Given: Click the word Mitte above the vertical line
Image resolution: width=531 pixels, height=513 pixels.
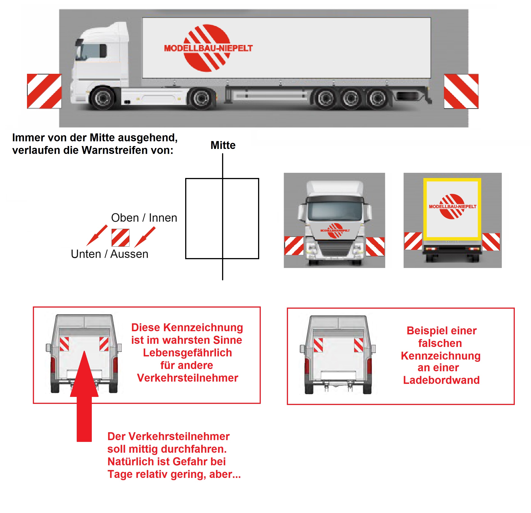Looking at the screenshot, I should tap(223, 145).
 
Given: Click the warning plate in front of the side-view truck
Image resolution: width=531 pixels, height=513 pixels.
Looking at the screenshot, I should tap(44, 91).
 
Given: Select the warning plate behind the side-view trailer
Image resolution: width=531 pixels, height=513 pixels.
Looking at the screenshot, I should tap(461, 91).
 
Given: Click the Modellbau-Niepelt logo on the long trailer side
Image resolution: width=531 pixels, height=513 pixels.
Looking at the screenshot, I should tap(208, 48).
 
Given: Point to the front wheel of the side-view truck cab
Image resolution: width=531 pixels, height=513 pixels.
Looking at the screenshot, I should tap(103, 98).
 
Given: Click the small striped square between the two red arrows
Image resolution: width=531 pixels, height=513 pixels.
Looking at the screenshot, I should tap(120, 238).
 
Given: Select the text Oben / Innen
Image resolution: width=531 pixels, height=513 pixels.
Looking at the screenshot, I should tap(144, 218).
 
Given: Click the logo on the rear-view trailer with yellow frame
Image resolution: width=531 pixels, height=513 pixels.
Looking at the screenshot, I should tap(452, 206).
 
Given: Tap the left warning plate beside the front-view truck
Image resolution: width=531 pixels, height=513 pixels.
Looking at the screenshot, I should tap(294, 246).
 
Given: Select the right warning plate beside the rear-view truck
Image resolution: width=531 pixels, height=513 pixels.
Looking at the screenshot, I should tap(491, 242).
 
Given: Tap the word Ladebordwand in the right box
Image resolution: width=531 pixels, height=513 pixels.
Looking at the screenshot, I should tap(441, 380).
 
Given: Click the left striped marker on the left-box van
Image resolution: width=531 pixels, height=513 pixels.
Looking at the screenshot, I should tap(64, 344).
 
